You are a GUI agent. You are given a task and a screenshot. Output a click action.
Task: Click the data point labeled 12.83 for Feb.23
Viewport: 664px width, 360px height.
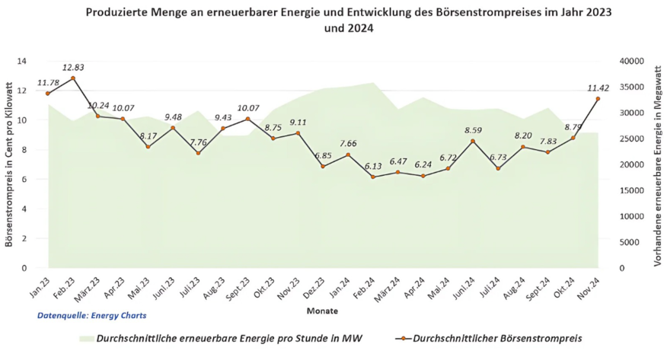(x=73, y=78)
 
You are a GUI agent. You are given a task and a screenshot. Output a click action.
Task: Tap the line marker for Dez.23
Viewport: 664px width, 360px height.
(x=323, y=166)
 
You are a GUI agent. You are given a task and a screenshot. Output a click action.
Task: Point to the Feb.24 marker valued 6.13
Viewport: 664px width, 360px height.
(x=373, y=177)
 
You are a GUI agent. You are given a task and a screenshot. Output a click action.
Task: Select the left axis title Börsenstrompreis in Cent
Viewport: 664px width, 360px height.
(x=8, y=164)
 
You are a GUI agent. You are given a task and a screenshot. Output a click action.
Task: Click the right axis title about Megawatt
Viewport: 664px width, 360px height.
(x=655, y=164)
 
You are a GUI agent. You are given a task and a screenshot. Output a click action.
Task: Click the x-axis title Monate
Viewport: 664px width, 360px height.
(x=322, y=311)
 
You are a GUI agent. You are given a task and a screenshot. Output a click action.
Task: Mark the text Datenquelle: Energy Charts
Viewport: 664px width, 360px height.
(x=91, y=314)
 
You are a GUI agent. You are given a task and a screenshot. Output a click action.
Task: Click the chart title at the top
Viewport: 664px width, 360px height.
(x=349, y=20)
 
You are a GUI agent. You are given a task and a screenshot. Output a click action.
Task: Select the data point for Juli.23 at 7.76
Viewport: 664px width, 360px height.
(x=198, y=153)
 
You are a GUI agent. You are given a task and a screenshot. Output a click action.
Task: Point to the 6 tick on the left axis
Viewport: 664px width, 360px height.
(x=24, y=179)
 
